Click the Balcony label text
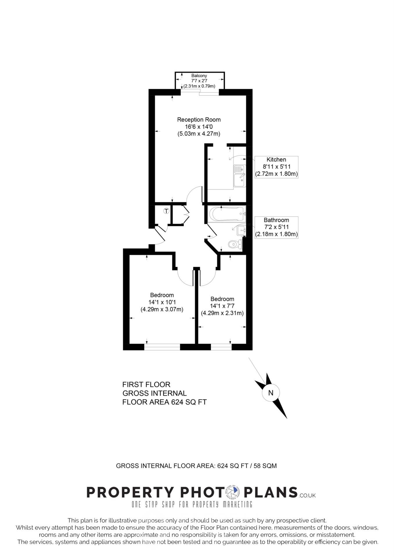click(x=199, y=76)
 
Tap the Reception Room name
click(x=199, y=120)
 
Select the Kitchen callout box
click(x=276, y=167)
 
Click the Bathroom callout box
click(x=276, y=227)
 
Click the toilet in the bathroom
click(x=235, y=244)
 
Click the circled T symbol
click(x=166, y=211)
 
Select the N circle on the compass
click(x=271, y=393)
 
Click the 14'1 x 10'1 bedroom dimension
click(x=162, y=302)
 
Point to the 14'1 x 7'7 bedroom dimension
click(x=222, y=306)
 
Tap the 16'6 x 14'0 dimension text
click(x=199, y=127)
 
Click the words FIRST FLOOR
click(x=146, y=385)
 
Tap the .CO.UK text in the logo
click(x=307, y=495)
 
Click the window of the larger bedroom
click(x=162, y=347)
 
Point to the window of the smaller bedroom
click(x=221, y=347)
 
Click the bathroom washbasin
click(x=242, y=231)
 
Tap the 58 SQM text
click(x=265, y=466)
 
